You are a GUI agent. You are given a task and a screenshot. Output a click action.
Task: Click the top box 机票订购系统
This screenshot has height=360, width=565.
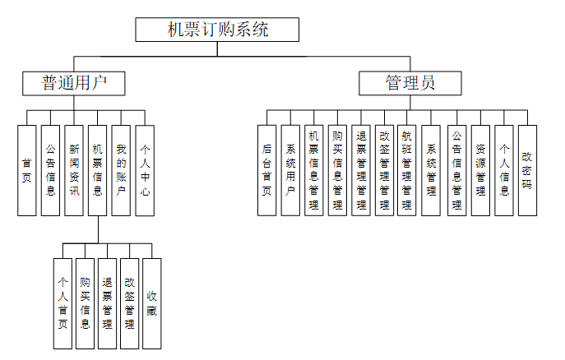click(x=217, y=30)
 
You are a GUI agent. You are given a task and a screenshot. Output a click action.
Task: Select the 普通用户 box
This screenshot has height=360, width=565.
click(x=74, y=82)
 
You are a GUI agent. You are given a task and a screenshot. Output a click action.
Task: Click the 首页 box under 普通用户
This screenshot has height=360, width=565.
click(x=27, y=170)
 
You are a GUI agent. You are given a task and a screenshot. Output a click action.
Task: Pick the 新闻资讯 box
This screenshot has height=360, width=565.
click(x=74, y=170)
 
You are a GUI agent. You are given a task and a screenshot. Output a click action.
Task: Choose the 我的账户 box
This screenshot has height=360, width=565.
click(x=121, y=170)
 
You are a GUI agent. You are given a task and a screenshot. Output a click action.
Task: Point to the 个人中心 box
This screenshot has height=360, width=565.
click(x=145, y=170)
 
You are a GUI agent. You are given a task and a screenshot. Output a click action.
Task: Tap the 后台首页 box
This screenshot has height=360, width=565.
click(x=266, y=170)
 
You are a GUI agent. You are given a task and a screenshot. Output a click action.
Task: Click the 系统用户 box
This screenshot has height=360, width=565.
click(x=290, y=170)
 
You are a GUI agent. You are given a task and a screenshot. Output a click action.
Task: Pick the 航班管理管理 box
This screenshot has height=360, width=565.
click(x=407, y=170)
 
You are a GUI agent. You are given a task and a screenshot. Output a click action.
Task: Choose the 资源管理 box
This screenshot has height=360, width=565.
click(x=481, y=170)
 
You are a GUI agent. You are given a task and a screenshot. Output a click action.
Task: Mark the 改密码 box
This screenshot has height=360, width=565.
click(x=527, y=170)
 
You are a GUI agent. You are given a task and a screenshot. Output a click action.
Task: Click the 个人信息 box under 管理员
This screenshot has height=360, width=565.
click(x=504, y=170)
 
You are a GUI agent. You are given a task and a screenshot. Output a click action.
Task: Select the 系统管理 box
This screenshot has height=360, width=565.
click(x=431, y=170)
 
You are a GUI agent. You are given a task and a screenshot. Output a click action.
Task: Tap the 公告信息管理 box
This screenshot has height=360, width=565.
click(x=457, y=170)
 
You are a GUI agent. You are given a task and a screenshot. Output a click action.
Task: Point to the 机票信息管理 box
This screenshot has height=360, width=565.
click(x=313, y=170)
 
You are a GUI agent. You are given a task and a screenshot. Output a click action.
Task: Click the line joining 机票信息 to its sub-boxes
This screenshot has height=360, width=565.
click(x=98, y=230)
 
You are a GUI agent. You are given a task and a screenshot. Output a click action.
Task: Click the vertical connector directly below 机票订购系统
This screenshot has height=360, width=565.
click(x=217, y=48)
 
